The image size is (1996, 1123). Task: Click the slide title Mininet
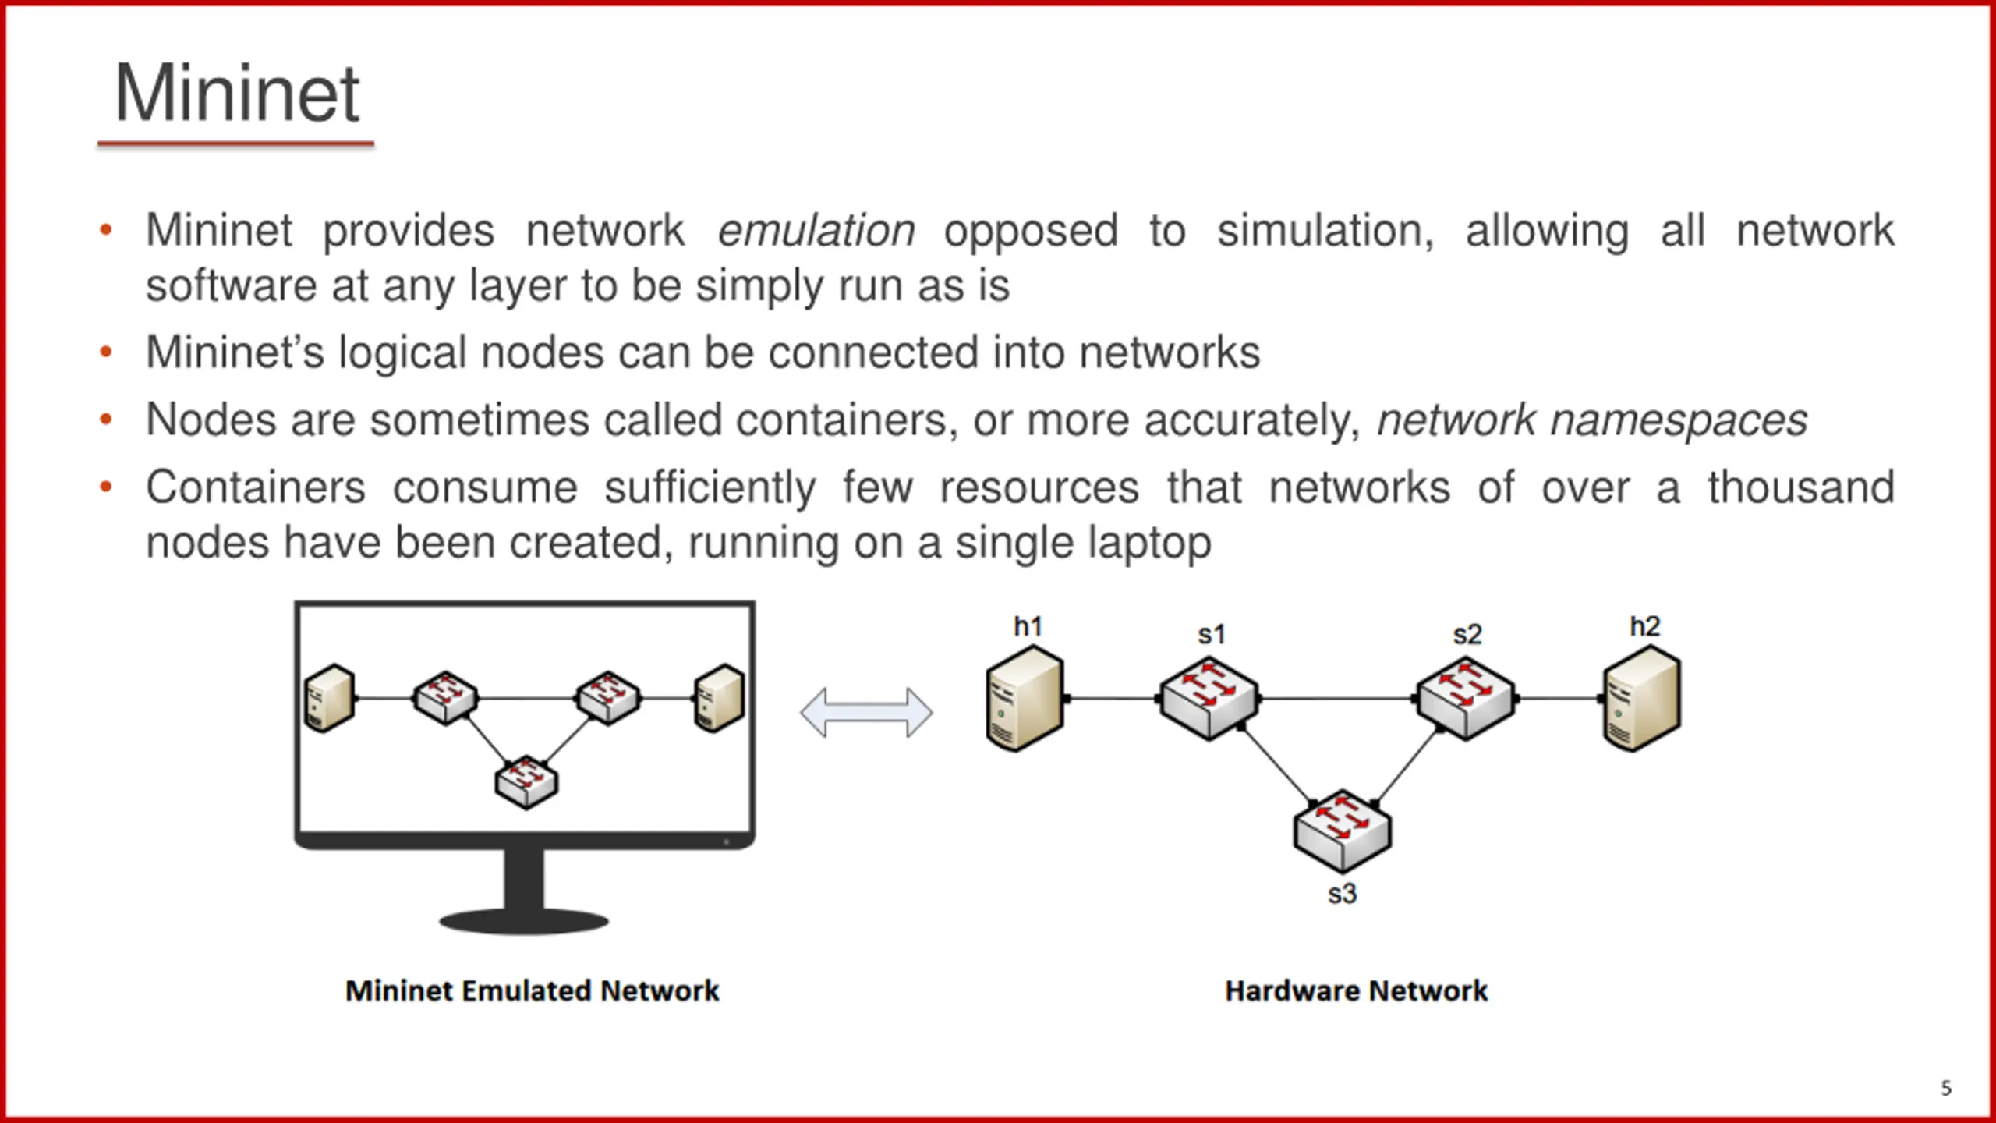[x=236, y=94]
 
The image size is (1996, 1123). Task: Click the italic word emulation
[x=816, y=231]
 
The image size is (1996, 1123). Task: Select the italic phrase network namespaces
[x=1591, y=420]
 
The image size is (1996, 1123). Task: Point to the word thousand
[x=1800, y=488]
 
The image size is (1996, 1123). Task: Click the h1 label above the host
[x=1028, y=626]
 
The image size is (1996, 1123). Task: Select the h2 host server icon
[x=1642, y=700]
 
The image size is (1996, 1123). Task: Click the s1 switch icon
[x=1209, y=699]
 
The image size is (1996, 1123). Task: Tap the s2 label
[x=1467, y=635]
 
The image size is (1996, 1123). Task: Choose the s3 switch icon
[x=1342, y=831]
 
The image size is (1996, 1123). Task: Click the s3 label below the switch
[x=1342, y=894]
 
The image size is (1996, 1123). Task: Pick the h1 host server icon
[x=1025, y=700]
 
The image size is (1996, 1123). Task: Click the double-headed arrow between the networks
[x=866, y=712]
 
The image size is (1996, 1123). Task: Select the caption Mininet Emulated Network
[x=532, y=991]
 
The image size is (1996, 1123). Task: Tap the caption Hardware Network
[x=1356, y=991]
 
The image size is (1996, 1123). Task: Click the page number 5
[x=1946, y=1088]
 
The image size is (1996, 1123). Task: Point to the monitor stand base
[x=524, y=922]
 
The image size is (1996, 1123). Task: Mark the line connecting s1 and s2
[x=1337, y=699]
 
